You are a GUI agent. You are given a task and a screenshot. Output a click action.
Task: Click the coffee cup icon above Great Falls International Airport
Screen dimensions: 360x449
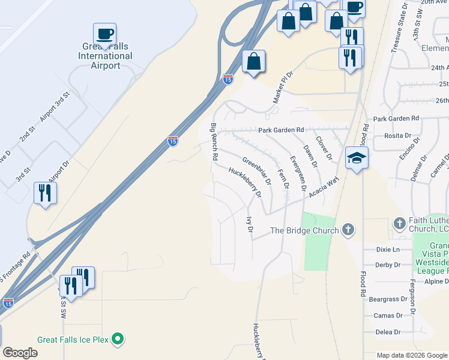[x=104, y=34]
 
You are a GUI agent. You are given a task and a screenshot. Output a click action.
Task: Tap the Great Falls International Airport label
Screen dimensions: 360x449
[x=105, y=56]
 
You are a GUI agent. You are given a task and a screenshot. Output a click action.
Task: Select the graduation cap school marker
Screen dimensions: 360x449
[x=357, y=158]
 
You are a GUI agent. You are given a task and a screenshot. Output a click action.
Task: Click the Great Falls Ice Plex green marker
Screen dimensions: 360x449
[x=118, y=340]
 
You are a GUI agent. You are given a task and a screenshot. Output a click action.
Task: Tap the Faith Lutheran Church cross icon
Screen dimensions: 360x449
[x=399, y=223]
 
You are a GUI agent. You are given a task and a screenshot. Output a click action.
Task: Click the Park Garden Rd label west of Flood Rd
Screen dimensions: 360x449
[x=282, y=130]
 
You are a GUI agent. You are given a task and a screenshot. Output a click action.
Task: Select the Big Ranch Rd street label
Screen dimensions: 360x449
[x=214, y=142]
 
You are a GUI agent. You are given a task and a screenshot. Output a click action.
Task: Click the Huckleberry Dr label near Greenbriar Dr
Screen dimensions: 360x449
[x=245, y=182]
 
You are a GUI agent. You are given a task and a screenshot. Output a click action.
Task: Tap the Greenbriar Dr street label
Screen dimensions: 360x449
[x=257, y=171]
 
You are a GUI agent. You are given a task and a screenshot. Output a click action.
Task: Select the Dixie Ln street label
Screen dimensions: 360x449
[x=388, y=250]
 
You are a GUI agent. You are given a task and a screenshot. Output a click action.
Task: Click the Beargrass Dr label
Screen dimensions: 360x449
[x=384, y=299]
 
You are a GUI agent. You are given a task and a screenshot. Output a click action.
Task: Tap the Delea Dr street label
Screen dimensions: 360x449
[x=388, y=332]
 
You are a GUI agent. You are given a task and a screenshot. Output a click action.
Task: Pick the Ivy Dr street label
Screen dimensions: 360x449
[x=249, y=224]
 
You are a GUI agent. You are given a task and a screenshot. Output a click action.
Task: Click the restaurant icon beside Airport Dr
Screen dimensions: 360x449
[x=45, y=193]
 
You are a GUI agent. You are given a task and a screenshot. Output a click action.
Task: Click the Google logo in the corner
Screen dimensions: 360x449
[x=20, y=353]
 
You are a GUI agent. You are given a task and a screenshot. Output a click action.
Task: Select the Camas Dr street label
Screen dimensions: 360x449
[x=387, y=316]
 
